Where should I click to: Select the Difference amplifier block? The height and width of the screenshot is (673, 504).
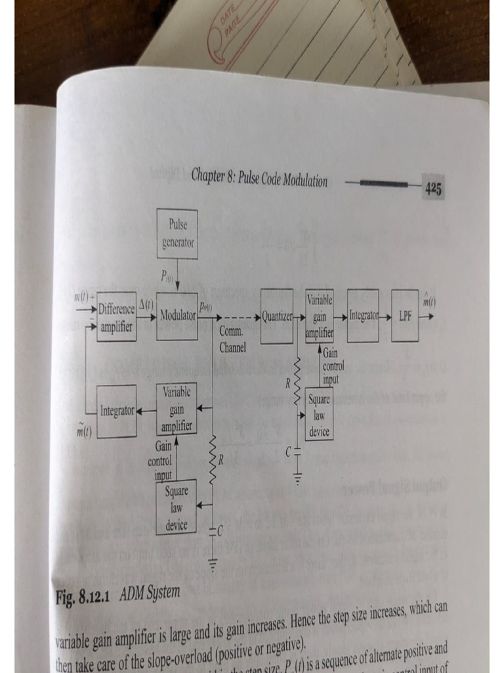tap(117, 316)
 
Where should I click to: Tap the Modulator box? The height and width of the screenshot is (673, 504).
tap(177, 315)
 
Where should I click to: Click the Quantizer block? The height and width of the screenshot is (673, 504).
tap(277, 316)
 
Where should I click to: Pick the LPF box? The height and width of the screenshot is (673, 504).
tap(405, 315)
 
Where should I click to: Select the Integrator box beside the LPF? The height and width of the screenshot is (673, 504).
tap(363, 315)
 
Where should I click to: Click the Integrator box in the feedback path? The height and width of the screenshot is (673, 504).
tap(117, 411)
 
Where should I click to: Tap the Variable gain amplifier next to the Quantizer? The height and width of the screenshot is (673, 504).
tap(320, 315)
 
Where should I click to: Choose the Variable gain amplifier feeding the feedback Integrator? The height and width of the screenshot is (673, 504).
tap(177, 409)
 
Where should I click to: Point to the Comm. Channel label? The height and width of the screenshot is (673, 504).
tap(232, 341)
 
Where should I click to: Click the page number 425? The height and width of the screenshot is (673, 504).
tap(432, 189)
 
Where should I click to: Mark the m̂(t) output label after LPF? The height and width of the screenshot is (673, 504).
tap(430, 302)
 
